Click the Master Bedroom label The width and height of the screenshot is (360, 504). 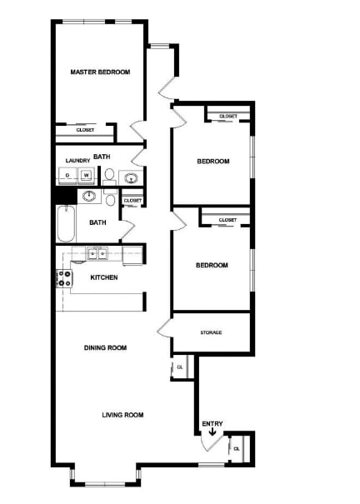100,72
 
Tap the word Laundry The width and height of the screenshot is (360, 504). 77,161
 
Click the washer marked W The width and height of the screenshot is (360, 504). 86,175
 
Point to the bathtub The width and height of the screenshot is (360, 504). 66,224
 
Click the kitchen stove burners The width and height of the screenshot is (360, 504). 62,279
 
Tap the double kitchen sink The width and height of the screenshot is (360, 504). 98,253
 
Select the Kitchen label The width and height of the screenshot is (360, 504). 104,277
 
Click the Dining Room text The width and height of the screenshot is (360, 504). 105,348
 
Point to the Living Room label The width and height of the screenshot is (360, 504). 122,415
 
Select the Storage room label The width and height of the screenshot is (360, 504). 211,332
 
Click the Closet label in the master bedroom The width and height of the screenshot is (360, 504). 85,130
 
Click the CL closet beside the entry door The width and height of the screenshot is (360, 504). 237,448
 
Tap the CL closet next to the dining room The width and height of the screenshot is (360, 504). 179,367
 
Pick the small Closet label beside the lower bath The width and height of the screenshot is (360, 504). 132,201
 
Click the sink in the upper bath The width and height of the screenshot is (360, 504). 129,177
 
